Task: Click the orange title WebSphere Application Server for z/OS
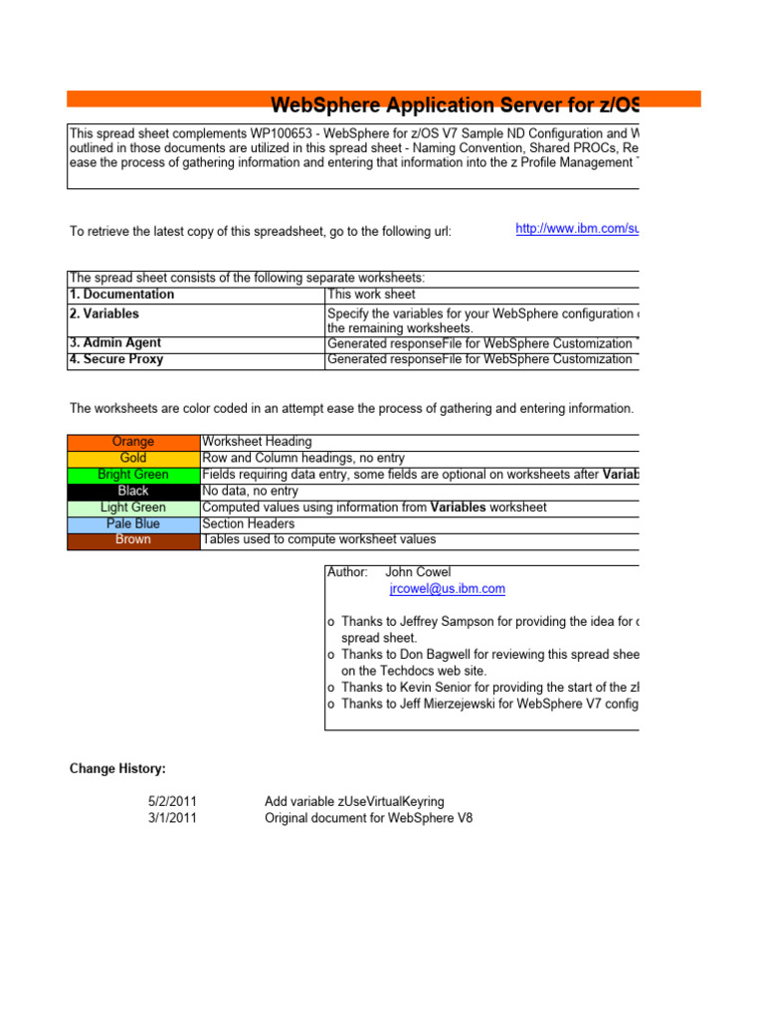point(455,105)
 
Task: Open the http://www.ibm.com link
point(576,229)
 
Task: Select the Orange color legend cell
point(133,442)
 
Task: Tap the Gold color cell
point(133,458)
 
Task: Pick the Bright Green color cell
point(133,475)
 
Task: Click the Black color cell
point(133,491)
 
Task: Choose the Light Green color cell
point(133,508)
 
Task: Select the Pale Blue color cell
point(133,523)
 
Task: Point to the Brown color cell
point(133,540)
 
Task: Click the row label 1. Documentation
point(121,295)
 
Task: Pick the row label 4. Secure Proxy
point(116,359)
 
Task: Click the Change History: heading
point(117,768)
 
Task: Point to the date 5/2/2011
point(171,801)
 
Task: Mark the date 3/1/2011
point(171,818)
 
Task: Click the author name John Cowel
point(418,572)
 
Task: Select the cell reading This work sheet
point(371,295)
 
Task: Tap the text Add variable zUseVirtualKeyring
point(354,801)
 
